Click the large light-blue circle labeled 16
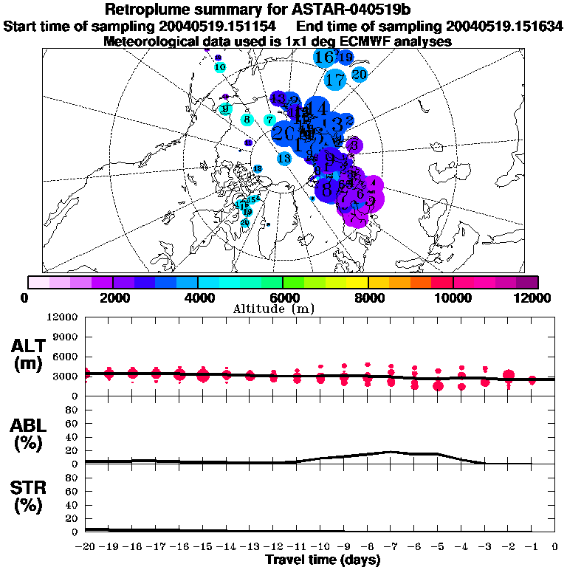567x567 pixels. coord(325,57)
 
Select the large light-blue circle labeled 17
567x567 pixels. coord(335,79)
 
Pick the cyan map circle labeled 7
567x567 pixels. coord(270,120)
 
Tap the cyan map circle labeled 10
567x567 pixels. coord(219,68)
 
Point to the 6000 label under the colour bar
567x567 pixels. coord(283,298)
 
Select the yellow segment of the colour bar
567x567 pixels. coord(357,282)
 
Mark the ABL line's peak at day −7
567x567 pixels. coord(391,452)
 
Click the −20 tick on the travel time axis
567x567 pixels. coord(86,548)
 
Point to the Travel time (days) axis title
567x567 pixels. coord(323,560)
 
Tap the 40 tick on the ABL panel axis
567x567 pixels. coord(72,437)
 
